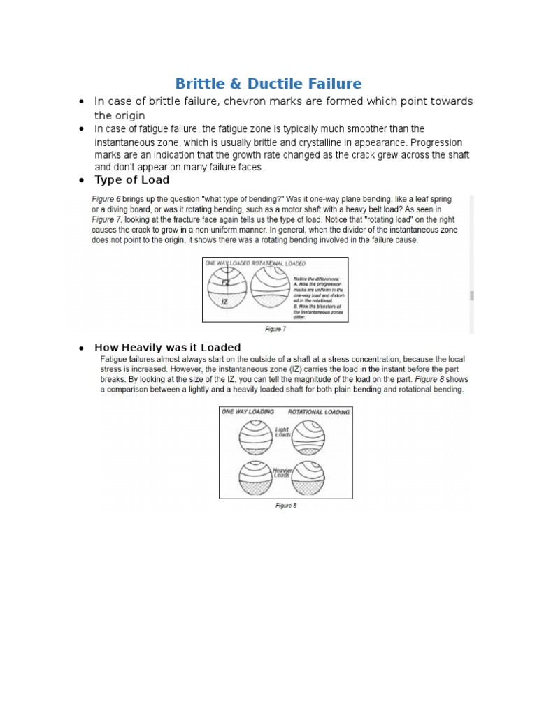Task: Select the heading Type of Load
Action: click(131, 180)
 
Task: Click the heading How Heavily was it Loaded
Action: click(167, 347)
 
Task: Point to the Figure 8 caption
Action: click(285, 506)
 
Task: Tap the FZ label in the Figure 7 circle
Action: click(225, 283)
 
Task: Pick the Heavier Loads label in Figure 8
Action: click(285, 473)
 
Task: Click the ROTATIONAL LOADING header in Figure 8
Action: click(319, 412)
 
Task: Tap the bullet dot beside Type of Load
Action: click(82, 181)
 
